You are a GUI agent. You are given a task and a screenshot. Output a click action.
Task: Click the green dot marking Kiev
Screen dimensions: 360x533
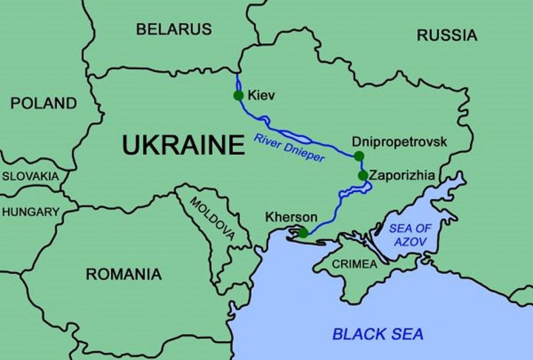pyautogui.click(x=238, y=96)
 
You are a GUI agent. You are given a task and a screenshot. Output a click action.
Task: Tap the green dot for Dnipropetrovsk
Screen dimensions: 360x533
pyautogui.click(x=358, y=156)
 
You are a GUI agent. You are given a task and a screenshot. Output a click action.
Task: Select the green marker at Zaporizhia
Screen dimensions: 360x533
pyautogui.click(x=363, y=176)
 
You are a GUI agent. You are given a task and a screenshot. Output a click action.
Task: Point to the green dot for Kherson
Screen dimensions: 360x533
pyautogui.click(x=303, y=233)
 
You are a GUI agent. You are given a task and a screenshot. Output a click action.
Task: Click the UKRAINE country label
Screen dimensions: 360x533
pyautogui.click(x=183, y=144)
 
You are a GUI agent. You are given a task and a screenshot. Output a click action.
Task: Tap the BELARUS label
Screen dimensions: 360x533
pyautogui.click(x=174, y=30)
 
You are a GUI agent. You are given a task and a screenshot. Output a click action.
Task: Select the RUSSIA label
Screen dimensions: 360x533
pyautogui.click(x=447, y=35)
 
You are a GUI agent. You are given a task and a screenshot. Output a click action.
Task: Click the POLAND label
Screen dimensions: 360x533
pyautogui.click(x=43, y=103)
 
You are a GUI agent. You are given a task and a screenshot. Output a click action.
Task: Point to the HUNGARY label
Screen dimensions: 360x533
pyautogui.click(x=30, y=212)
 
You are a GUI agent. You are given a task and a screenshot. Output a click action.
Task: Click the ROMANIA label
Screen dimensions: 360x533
pyautogui.click(x=124, y=274)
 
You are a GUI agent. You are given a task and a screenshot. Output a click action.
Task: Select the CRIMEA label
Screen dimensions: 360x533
pyautogui.click(x=354, y=264)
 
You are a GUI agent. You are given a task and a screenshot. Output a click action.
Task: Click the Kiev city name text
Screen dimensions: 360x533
pyautogui.click(x=262, y=96)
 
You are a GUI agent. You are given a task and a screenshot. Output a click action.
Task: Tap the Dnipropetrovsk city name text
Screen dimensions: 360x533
pyautogui.click(x=400, y=141)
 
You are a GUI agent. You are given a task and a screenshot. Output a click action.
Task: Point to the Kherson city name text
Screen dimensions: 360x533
pyautogui.click(x=291, y=218)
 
